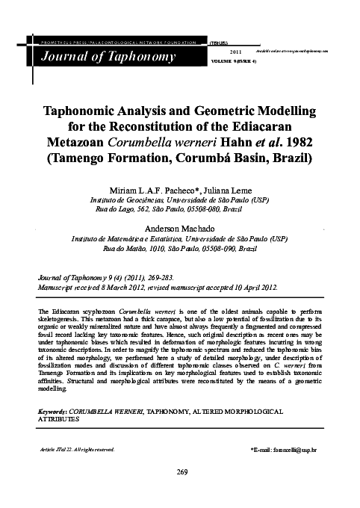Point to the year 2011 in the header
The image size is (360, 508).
[x=234, y=50]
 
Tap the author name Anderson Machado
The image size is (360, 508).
[x=179, y=228]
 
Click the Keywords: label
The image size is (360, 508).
[x=52, y=412]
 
